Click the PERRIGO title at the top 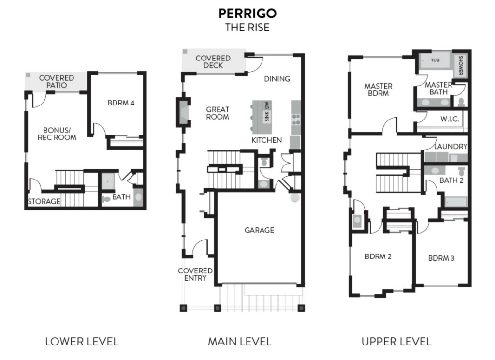(247, 13)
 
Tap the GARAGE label (259, 230)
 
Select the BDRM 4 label (121, 103)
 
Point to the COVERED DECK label (213, 61)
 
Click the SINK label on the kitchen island (267, 116)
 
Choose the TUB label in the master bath (435, 60)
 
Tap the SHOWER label (461, 65)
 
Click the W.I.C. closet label (450, 119)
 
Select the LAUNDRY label (451, 146)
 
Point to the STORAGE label (44, 201)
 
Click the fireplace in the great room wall (183, 112)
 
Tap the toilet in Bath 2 (462, 172)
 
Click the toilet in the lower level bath (106, 199)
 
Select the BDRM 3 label (441, 258)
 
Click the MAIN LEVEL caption (240, 341)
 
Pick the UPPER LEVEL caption (396, 341)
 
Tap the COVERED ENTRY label (195, 274)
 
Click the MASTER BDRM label (378, 90)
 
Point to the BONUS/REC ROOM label (57, 134)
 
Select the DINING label (277, 79)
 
